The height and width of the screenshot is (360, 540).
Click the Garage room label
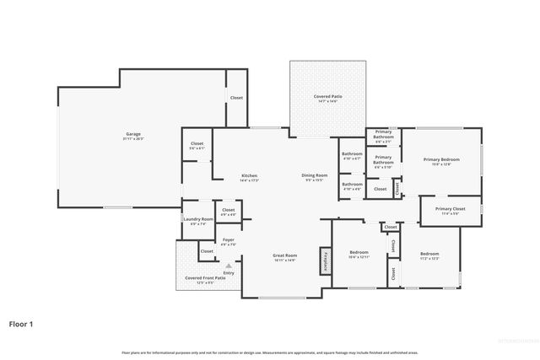coord(133,134)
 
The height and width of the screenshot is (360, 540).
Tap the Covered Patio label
coord(328,97)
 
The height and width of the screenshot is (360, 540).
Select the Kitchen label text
coord(249,175)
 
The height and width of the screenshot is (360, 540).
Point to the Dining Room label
coord(314,175)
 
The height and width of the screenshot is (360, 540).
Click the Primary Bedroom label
coord(441,159)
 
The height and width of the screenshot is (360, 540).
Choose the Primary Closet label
coord(450,208)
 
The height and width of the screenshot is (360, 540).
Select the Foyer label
coord(228,239)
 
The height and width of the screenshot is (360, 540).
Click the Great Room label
coord(283,255)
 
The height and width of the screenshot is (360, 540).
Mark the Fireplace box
coord(325,261)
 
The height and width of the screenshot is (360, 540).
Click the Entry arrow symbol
coord(228,264)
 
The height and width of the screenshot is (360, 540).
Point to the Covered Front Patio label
coord(205,277)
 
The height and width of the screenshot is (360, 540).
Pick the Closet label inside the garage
coord(236,98)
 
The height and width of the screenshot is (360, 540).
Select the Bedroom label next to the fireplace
coord(359,252)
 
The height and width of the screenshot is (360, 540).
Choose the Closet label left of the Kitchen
coord(197,144)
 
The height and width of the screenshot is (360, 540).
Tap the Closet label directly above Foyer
coord(228,209)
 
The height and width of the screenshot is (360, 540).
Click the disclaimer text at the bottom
coord(269,352)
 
